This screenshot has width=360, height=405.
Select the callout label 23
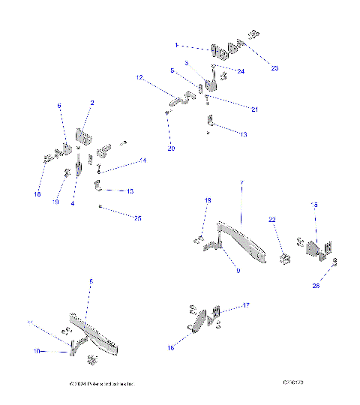274,68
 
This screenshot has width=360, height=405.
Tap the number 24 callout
240,72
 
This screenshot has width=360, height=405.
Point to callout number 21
254,109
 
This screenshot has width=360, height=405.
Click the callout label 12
139,77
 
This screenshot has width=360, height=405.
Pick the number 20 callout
171,148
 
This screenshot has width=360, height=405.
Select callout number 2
92,103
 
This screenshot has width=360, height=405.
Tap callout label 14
143,161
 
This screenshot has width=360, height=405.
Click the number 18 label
37,195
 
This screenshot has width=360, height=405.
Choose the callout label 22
272,219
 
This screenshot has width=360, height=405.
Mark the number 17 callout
244,305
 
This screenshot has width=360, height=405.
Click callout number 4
73,203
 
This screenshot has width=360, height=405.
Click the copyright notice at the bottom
100,384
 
